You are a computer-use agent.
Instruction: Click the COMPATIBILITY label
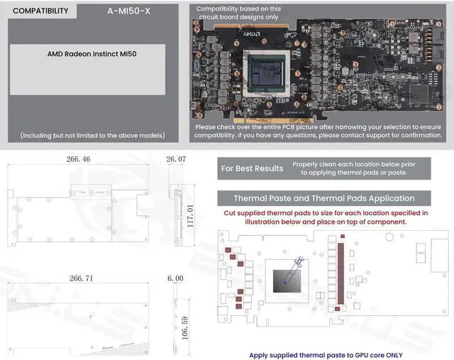pos(40,11)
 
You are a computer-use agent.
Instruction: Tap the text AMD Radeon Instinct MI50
pos(88,53)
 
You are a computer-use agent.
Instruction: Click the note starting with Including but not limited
pos(87,135)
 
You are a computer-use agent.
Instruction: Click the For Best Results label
pos(252,168)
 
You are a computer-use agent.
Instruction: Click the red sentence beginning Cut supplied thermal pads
pos(326,217)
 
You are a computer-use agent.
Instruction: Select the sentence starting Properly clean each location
pos(364,168)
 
